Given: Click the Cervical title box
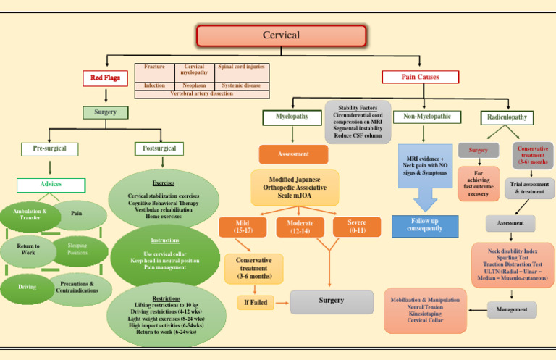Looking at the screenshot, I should [x=281, y=35].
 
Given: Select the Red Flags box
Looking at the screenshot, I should [x=106, y=77].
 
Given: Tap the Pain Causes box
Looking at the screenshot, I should [x=420, y=77].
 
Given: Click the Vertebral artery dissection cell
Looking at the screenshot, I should [x=202, y=94].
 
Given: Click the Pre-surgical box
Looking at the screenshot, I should [x=49, y=148].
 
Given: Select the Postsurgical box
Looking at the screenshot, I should [x=159, y=148].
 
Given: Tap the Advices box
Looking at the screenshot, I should [x=51, y=184].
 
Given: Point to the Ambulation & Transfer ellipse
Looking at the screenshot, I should [x=29, y=214].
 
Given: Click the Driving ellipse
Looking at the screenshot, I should [x=28, y=288].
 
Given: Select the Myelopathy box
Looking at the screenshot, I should [x=292, y=116].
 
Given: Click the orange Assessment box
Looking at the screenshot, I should [x=293, y=154].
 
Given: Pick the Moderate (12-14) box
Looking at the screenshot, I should [x=300, y=227].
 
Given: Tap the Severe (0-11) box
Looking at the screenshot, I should [x=356, y=227].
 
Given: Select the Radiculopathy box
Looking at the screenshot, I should [x=508, y=117].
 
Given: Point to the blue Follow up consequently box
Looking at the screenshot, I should [x=425, y=226].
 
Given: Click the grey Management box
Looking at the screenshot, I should [x=512, y=310].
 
